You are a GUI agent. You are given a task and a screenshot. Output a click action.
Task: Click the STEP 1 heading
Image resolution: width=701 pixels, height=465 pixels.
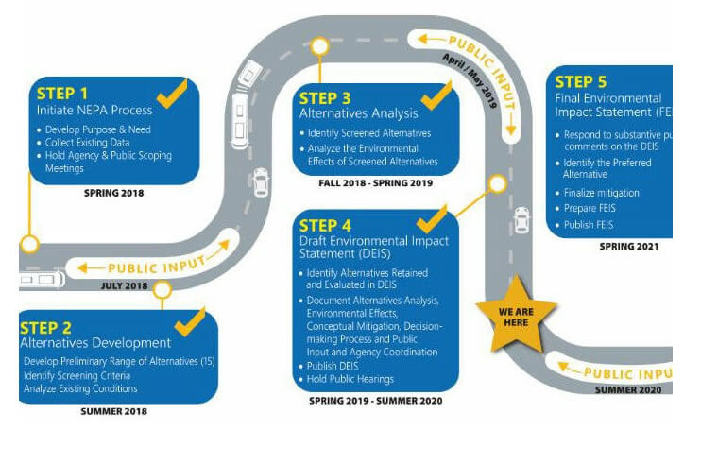pyautogui.click(x=62, y=93)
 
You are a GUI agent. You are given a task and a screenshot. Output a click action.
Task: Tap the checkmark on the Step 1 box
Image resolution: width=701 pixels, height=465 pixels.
pyautogui.click(x=172, y=93)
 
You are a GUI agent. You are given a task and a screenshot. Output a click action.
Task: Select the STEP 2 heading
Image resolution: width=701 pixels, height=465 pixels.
pyautogui.click(x=46, y=328)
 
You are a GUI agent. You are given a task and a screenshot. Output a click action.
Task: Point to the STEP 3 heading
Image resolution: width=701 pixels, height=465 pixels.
pyautogui.click(x=325, y=97)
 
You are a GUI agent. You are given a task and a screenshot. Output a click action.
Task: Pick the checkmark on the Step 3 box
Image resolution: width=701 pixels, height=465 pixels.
pyautogui.click(x=436, y=95)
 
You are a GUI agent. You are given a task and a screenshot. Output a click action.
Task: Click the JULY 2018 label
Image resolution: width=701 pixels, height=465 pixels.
pyautogui.click(x=127, y=284)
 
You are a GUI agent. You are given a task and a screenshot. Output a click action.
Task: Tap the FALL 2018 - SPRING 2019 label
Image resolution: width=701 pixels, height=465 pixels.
pyautogui.click(x=376, y=183)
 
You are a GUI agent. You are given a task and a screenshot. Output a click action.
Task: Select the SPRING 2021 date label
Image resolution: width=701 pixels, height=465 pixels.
pyautogui.click(x=628, y=247)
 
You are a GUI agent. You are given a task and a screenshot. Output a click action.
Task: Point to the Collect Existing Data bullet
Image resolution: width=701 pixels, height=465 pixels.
pyautogui.click(x=86, y=143)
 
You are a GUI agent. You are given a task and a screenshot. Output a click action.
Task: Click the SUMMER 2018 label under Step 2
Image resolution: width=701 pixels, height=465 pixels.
pyautogui.click(x=113, y=411)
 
